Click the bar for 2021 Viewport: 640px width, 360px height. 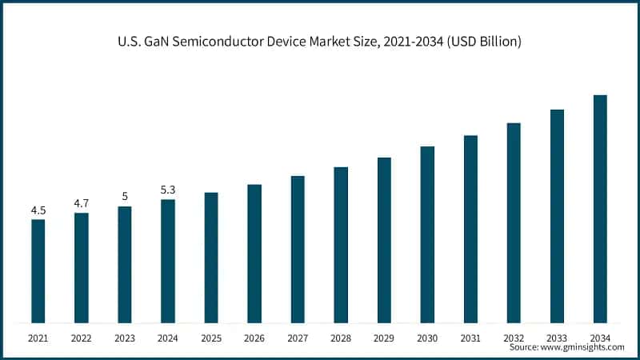38,271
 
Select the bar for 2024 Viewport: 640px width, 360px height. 168,262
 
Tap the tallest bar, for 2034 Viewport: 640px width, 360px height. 600,210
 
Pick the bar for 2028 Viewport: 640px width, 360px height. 341,246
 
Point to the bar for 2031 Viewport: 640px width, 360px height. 470,230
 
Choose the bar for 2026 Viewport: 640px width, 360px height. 254,254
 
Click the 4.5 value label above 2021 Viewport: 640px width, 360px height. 38,210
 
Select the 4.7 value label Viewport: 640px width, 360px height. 81,203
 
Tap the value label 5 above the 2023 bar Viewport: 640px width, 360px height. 124,196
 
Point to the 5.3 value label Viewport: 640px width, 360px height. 168,190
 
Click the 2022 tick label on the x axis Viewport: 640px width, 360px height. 81,338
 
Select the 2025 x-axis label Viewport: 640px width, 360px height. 211,338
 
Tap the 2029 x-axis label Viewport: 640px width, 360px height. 384,338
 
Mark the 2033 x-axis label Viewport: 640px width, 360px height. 557,338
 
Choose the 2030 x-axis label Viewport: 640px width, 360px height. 427,338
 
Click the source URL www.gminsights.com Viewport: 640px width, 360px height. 583,348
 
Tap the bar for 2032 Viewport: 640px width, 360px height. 514,223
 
